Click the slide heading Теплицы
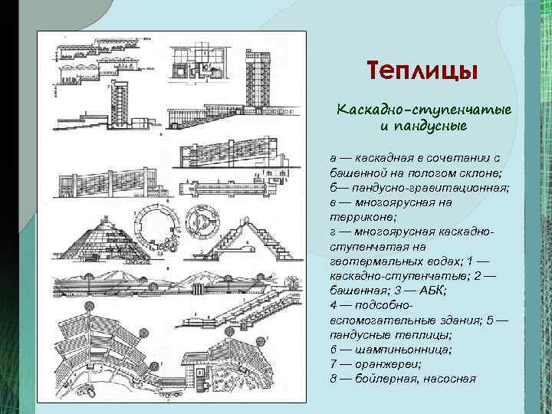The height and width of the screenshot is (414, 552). point(422,71)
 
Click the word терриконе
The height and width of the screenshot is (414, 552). point(360,218)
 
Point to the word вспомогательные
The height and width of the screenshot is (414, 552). point(370,320)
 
